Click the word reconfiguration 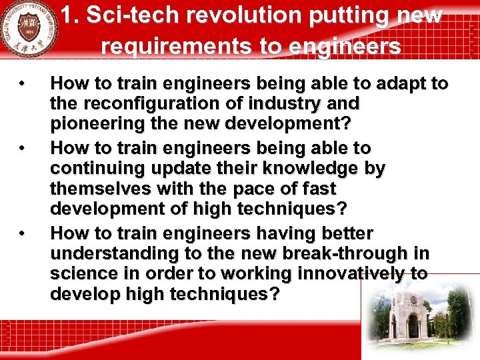point(146,104)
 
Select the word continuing point(97,168)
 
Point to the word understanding point(113,253)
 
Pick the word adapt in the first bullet point(403,83)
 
